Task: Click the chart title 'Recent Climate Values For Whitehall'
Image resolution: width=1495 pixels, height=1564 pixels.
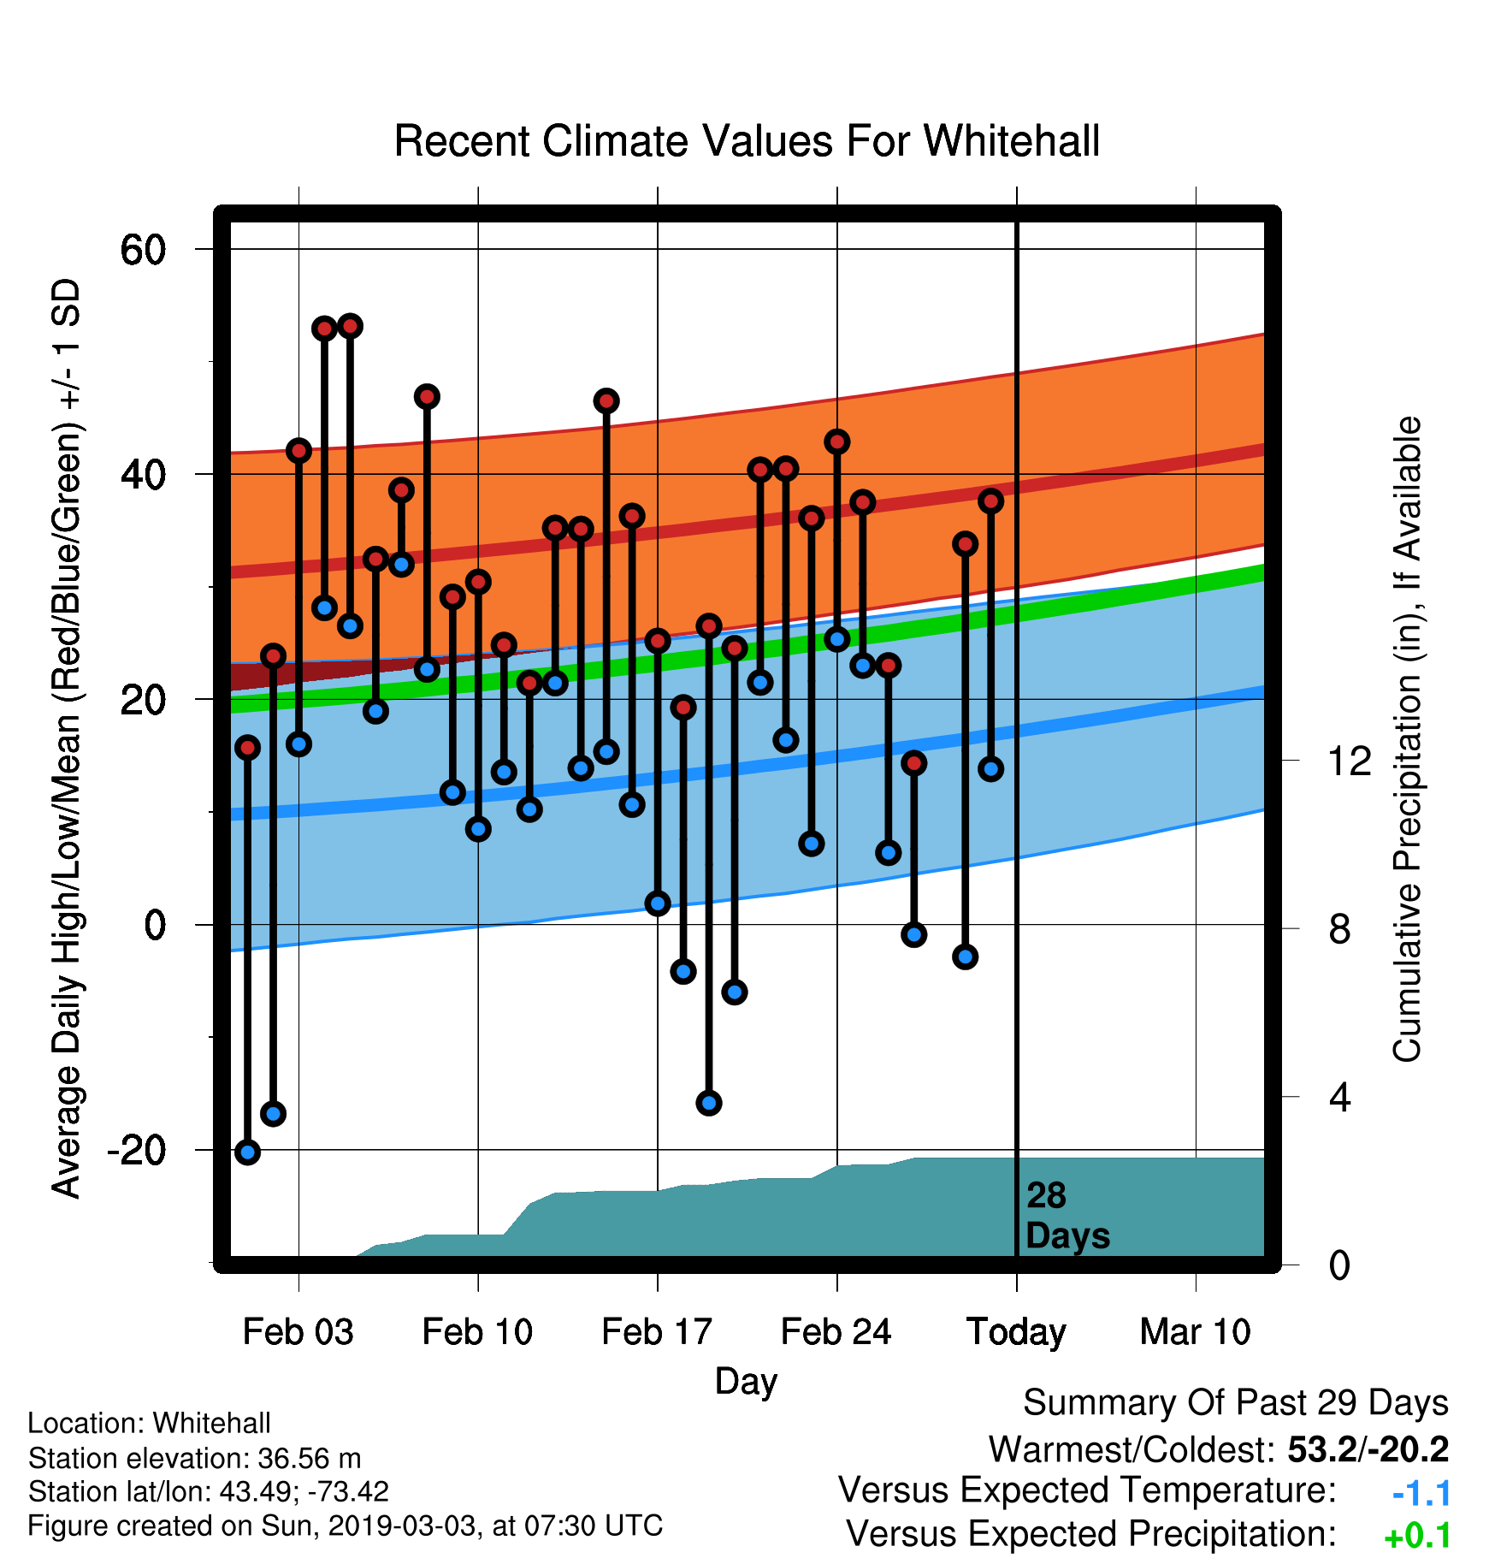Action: pyautogui.click(x=747, y=141)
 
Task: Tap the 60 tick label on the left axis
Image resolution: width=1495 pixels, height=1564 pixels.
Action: pyautogui.click(x=143, y=251)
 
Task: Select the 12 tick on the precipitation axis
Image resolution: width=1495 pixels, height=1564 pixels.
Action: pyautogui.click(x=1350, y=761)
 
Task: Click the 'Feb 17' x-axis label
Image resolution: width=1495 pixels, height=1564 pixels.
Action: pyautogui.click(x=657, y=1332)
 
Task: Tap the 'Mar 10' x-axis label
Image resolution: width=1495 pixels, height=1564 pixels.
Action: pyautogui.click(x=1196, y=1332)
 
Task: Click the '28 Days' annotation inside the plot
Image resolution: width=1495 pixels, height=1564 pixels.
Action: pyautogui.click(x=1067, y=1216)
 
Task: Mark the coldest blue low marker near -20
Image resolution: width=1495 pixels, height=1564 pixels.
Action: pyautogui.click(x=247, y=1152)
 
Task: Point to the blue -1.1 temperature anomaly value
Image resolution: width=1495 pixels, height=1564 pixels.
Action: pyautogui.click(x=1421, y=1494)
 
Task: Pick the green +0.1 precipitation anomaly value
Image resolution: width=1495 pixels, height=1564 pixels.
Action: pyautogui.click(x=1418, y=1537)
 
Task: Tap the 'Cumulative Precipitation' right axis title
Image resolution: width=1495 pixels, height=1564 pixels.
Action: pyautogui.click(x=1407, y=740)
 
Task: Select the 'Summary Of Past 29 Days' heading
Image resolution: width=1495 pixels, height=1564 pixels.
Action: pyautogui.click(x=1236, y=1403)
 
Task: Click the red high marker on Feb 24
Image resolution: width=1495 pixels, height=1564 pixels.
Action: pyautogui.click(x=836, y=442)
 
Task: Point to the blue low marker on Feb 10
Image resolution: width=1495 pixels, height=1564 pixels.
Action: pyautogui.click(x=478, y=829)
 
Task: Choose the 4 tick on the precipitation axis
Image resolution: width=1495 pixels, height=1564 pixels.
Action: pyautogui.click(x=1339, y=1098)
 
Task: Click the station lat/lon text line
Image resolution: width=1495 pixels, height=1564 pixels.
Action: pyautogui.click(x=209, y=1492)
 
